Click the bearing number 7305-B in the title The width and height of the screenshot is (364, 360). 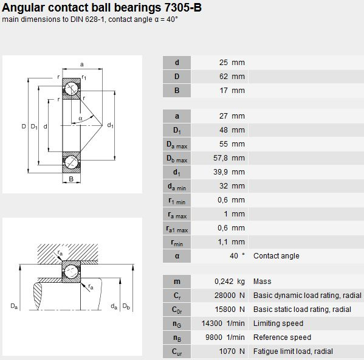[x=183, y=8]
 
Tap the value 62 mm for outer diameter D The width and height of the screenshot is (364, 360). [x=232, y=77]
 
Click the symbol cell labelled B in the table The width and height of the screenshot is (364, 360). [x=177, y=91]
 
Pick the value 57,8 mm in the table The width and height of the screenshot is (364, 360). [x=229, y=158]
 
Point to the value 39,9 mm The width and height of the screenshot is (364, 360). [x=229, y=172]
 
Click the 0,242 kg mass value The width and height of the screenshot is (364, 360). [x=230, y=282]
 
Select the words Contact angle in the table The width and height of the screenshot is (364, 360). [x=276, y=256]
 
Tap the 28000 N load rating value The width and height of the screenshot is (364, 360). [x=230, y=295]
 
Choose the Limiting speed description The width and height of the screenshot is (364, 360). [x=278, y=324]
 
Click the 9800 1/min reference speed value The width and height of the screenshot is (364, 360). [x=225, y=337]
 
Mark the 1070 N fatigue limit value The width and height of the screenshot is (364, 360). [x=232, y=351]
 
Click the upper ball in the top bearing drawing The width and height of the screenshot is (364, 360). [x=72, y=89]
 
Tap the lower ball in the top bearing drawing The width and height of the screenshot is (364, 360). [x=72, y=162]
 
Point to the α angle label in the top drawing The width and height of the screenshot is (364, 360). [x=81, y=119]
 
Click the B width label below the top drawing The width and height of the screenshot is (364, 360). [x=71, y=179]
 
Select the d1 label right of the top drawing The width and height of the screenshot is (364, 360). [x=110, y=125]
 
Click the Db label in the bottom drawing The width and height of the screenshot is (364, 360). [x=126, y=306]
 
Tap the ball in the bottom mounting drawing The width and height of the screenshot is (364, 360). [x=71, y=271]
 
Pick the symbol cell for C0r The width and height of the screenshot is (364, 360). [x=177, y=310]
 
